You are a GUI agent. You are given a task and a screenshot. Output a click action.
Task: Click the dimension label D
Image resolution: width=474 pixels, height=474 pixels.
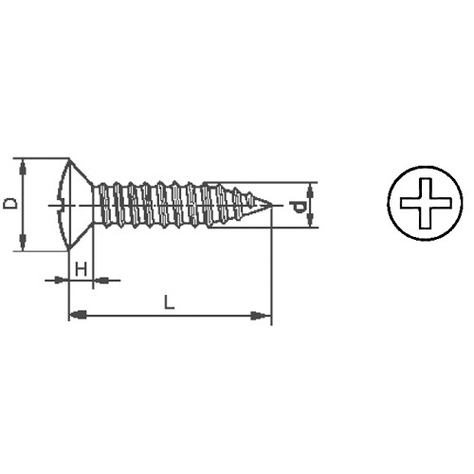click(x=10, y=204)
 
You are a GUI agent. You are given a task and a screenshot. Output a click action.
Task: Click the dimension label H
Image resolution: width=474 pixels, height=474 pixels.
click(x=81, y=269)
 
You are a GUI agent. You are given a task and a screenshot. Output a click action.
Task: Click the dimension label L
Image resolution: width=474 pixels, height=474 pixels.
click(x=169, y=301)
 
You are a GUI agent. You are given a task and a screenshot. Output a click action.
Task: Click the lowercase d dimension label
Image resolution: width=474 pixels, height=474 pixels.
click(x=298, y=207)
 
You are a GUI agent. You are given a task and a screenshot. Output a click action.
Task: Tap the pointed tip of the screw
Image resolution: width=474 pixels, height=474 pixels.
click(x=272, y=205)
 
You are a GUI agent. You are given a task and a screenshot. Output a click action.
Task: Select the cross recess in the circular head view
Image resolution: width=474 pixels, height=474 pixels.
click(x=426, y=203)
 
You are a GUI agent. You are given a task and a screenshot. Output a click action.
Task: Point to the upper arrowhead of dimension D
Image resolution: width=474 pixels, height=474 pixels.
click(x=23, y=167)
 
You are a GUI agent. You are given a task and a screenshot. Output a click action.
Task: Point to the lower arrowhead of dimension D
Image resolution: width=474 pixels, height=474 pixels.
click(x=23, y=243)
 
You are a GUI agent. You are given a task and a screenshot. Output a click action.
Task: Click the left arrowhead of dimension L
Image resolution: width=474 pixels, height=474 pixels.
click(x=78, y=315)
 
